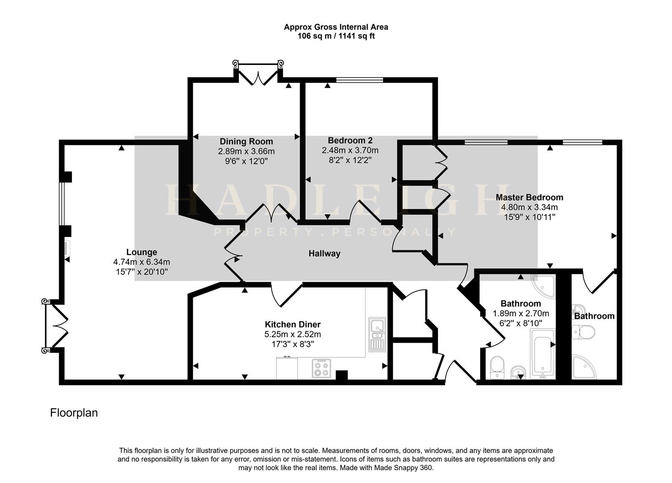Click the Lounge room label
click(x=141, y=252)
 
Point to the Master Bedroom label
click(x=529, y=197)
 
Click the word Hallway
click(x=324, y=254)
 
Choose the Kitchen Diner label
click(x=293, y=324)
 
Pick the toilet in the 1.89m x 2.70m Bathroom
click(x=497, y=366)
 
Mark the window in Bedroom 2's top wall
click(x=360, y=80)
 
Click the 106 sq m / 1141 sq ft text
click(x=336, y=36)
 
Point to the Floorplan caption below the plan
click(x=74, y=412)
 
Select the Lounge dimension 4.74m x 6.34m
click(x=141, y=262)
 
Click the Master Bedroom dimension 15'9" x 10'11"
click(x=529, y=217)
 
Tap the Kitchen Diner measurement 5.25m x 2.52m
click(x=293, y=334)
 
